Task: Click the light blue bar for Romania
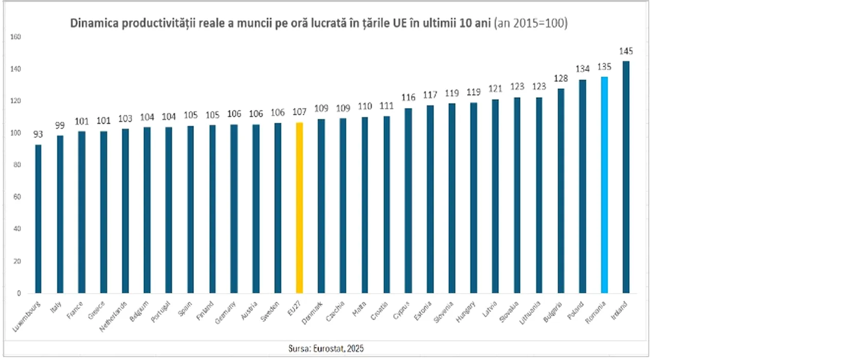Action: click(x=604, y=185)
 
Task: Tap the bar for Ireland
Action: click(x=626, y=177)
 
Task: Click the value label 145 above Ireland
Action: click(x=626, y=51)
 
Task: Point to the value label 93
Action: click(x=38, y=134)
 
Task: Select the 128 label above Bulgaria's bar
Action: click(x=561, y=78)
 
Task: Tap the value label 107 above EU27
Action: click(x=299, y=112)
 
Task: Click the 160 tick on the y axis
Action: click(x=15, y=37)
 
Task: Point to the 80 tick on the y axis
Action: click(x=17, y=165)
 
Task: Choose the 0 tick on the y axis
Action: click(x=19, y=293)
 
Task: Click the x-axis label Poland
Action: click(x=576, y=311)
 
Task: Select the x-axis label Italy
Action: click(x=56, y=308)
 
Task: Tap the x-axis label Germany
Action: click(x=225, y=313)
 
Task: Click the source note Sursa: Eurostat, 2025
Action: click(x=326, y=348)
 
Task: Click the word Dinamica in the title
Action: click(x=94, y=23)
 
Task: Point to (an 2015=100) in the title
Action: click(x=531, y=23)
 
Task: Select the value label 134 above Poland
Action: click(x=583, y=68)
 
